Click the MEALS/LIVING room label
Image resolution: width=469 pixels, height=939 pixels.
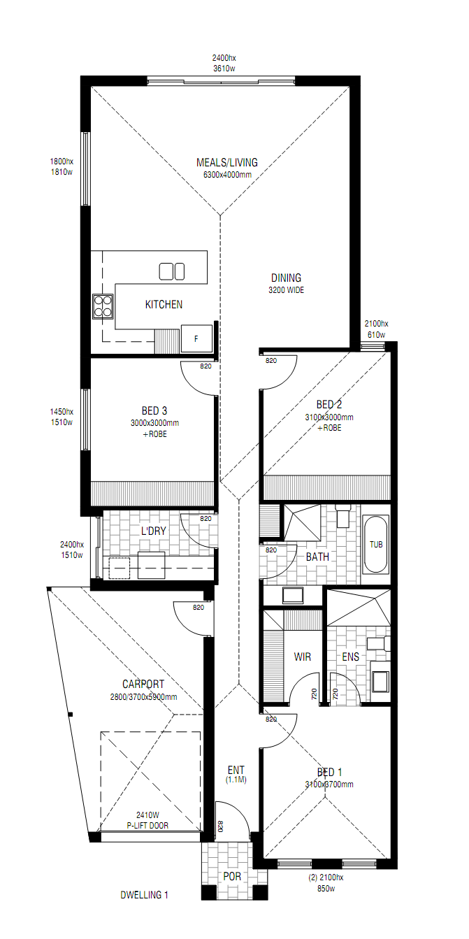click(x=227, y=163)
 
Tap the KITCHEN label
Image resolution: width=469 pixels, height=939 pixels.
click(x=164, y=304)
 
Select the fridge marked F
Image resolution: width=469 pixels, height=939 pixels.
click(x=196, y=338)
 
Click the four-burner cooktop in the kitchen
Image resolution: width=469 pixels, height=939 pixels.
click(x=103, y=306)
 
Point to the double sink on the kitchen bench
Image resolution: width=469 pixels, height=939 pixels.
click(x=172, y=271)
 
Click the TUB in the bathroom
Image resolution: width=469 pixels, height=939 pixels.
click(x=375, y=544)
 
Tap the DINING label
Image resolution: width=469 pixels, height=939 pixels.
click(x=287, y=278)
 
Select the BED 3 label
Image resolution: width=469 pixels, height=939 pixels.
click(x=154, y=411)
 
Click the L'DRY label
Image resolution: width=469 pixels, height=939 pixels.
click(x=153, y=531)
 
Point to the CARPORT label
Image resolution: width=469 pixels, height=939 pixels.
click(x=143, y=684)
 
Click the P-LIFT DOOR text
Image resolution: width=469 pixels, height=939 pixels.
click(x=147, y=826)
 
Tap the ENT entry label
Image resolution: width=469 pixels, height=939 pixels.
click(x=236, y=770)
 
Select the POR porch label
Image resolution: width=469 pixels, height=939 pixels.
click(x=232, y=876)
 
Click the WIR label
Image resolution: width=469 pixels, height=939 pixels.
click(x=303, y=657)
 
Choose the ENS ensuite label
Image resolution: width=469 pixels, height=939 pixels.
click(x=351, y=657)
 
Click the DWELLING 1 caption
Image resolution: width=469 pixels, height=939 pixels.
click(x=144, y=895)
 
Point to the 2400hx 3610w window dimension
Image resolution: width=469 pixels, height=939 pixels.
click(x=224, y=64)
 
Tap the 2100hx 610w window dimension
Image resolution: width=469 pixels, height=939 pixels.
click(x=376, y=329)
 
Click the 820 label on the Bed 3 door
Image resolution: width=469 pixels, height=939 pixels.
click(x=205, y=366)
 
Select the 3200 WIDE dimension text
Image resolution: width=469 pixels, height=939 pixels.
click(x=287, y=290)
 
